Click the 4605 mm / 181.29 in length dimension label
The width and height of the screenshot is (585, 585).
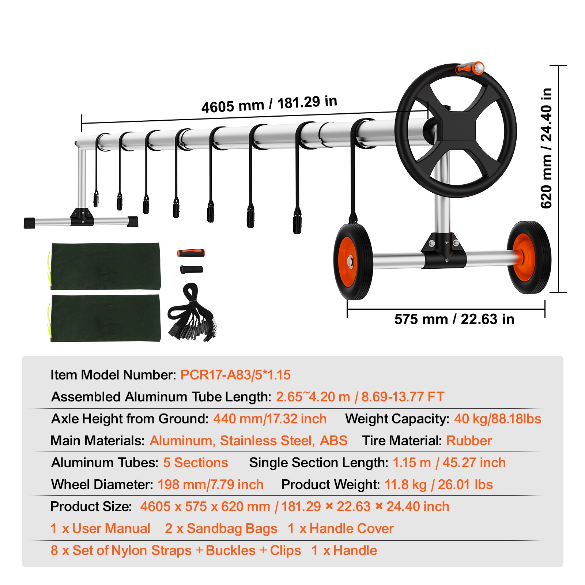click(269, 104)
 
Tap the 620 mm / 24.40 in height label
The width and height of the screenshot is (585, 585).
click(546, 148)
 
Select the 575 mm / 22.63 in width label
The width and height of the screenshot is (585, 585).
click(454, 319)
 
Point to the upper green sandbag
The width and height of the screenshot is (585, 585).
click(105, 266)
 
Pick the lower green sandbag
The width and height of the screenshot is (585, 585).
click(105, 318)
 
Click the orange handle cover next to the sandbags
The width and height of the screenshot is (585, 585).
click(191, 253)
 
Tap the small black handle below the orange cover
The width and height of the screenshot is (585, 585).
click(192, 270)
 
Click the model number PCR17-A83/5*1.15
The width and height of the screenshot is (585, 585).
click(235, 375)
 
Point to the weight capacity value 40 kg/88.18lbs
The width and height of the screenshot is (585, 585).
click(497, 419)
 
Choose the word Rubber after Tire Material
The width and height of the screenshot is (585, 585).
click(469, 441)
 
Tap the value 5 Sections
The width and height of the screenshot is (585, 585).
click(195, 463)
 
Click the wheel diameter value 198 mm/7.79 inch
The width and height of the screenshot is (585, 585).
click(210, 484)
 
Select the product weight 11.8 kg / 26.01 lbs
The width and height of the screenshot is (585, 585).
click(438, 484)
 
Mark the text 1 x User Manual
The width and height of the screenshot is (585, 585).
click(100, 528)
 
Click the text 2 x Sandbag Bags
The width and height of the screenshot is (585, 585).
click(221, 528)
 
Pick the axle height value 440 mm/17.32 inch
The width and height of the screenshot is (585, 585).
click(269, 419)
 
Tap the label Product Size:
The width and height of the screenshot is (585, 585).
click(91, 506)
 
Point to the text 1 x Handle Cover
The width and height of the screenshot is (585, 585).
click(340, 528)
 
